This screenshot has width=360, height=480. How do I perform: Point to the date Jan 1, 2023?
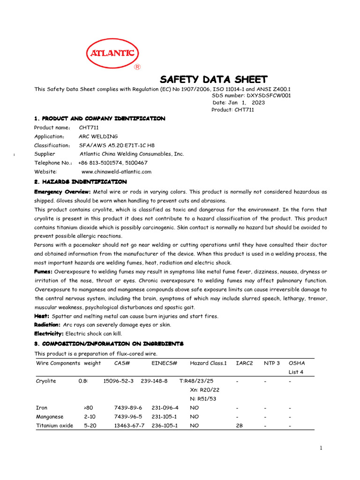(242, 102)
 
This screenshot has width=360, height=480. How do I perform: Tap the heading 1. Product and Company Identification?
(99, 119)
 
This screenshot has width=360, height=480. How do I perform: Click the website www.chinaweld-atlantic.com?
(116, 172)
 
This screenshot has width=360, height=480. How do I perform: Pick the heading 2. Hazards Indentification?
(80, 181)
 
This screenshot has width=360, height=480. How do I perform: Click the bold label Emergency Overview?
(62, 192)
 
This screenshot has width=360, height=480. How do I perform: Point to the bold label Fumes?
(44, 272)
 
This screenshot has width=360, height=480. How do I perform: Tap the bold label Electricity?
(49, 334)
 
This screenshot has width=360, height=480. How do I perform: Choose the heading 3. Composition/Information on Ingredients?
(109, 344)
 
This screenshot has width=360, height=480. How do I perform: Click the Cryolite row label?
(46, 381)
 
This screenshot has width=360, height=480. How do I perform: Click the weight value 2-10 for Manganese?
(90, 417)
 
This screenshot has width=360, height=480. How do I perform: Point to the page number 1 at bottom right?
(321, 448)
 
